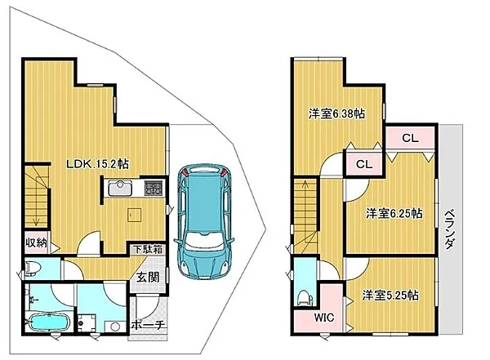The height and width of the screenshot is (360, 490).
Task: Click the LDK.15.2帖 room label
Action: [97, 164]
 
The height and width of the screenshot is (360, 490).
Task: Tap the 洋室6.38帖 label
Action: [336, 113]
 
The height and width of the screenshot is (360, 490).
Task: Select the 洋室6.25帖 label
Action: [394, 213]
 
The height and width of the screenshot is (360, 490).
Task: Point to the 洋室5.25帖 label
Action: [390, 295]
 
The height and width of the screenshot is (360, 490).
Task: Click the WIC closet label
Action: [324, 318]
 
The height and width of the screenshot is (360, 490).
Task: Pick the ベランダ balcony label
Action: [449, 229]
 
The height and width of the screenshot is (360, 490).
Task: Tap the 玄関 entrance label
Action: [148, 278]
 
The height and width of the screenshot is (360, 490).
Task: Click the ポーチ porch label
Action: [148, 325]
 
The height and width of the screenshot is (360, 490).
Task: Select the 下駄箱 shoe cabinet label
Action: [148, 249]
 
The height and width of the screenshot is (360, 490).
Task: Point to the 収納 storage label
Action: [36, 242]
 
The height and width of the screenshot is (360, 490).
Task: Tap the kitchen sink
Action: [119, 189]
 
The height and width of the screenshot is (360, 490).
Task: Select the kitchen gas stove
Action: [154, 189]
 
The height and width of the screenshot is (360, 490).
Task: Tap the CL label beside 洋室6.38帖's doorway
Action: [364, 164]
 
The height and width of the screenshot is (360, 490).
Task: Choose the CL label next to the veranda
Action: [410, 138]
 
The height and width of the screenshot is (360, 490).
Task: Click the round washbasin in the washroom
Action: [114, 327]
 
